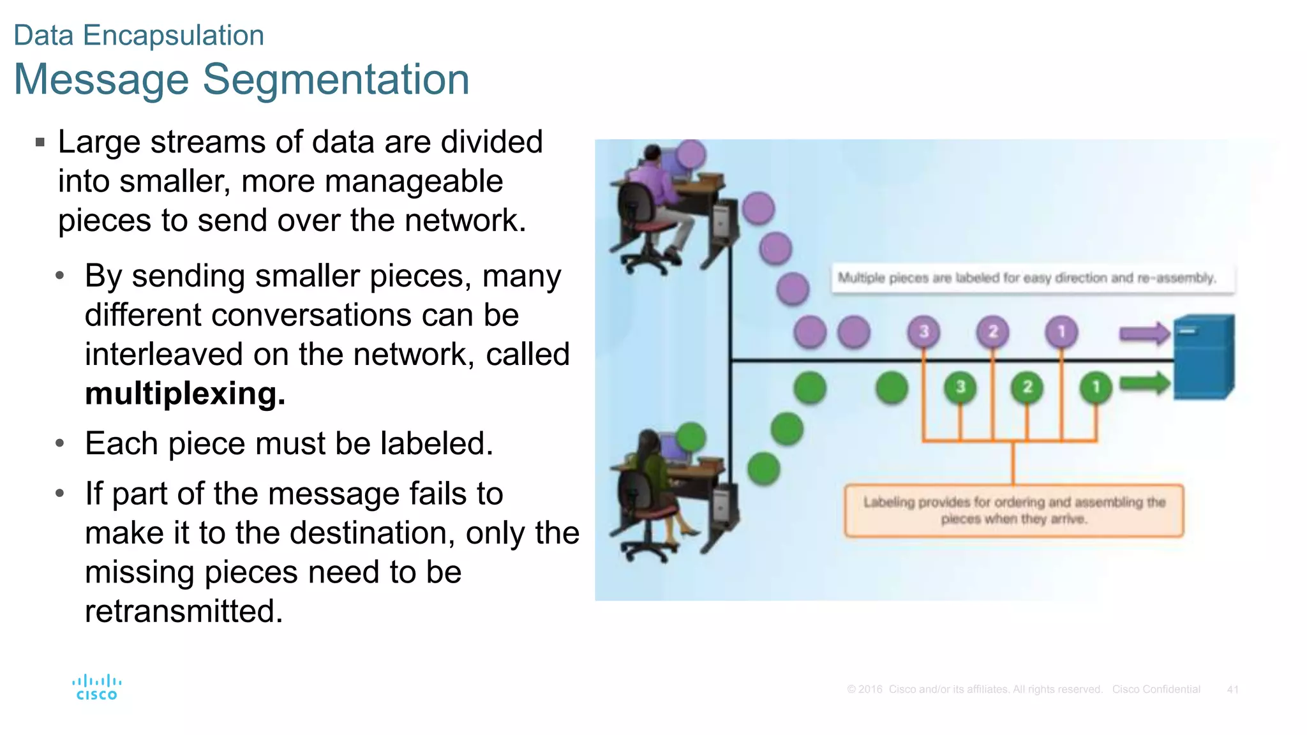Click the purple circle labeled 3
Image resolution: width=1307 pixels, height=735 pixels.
pyautogui.click(x=923, y=332)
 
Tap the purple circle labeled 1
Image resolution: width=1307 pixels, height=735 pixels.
pyautogui.click(x=1061, y=332)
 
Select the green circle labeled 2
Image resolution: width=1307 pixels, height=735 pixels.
pyautogui.click(x=1027, y=387)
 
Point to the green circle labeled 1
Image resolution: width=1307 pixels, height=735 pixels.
pyautogui.click(x=1096, y=387)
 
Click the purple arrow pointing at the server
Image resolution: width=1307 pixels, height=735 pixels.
pyautogui.click(x=1144, y=333)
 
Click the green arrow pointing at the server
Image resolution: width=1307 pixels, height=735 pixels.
pyautogui.click(x=1144, y=383)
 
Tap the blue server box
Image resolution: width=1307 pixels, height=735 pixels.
pyautogui.click(x=1204, y=357)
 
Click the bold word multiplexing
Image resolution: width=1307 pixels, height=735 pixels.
pyautogui.click(x=185, y=394)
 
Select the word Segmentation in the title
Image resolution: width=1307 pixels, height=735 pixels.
pyautogui.click(x=336, y=80)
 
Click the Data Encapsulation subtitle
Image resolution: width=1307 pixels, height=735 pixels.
pyautogui.click(x=138, y=35)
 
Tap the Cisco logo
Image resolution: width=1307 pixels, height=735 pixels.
pyautogui.click(x=96, y=688)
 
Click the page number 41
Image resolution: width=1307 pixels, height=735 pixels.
pyautogui.click(x=1232, y=690)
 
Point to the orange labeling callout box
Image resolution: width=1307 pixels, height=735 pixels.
pyautogui.click(x=1013, y=510)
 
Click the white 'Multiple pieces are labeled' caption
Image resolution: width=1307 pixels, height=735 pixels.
pyautogui.click(x=1033, y=278)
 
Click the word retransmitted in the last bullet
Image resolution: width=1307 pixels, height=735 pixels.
pyautogui.click(x=183, y=611)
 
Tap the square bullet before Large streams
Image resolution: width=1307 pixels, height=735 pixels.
pyautogui.click(x=40, y=142)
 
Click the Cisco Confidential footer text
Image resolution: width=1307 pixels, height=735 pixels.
pyautogui.click(x=1156, y=690)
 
